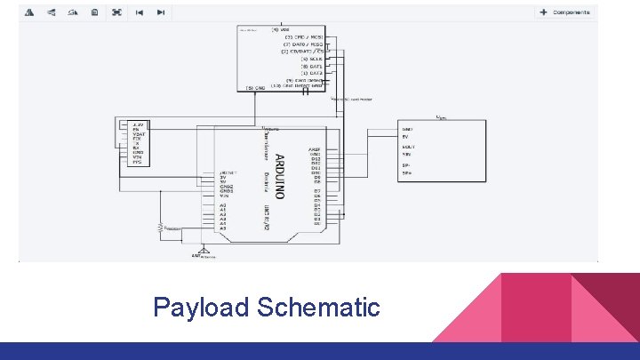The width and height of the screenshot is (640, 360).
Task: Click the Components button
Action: pyautogui.click(x=566, y=12)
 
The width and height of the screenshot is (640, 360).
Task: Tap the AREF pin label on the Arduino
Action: pyautogui.click(x=314, y=149)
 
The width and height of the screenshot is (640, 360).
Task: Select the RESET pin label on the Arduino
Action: pyautogui.click(x=228, y=172)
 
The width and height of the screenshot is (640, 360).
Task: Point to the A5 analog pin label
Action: pyautogui.click(x=223, y=228)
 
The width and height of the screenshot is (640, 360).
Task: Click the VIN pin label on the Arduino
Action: pyautogui.click(x=226, y=196)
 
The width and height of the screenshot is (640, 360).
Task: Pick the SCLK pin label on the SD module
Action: pyautogui.click(x=310, y=59)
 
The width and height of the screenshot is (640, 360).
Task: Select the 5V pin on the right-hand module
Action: pyautogui.click(x=407, y=137)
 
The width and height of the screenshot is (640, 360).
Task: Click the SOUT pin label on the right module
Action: pyautogui.click(x=409, y=147)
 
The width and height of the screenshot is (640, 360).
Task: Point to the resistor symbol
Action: pyautogui.click(x=162, y=228)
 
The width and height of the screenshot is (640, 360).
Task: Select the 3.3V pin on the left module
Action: pyautogui.click(x=137, y=124)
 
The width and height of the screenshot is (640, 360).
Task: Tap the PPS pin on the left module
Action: pyautogui.click(x=137, y=162)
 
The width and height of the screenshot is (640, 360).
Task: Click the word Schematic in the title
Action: pyautogui.click(x=318, y=308)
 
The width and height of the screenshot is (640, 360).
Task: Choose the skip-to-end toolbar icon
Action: pyautogui.click(x=160, y=12)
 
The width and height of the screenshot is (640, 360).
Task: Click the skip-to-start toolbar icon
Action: pyautogui.click(x=139, y=12)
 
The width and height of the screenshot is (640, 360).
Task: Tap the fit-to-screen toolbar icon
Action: pyautogui.click(x=116, y=12)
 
